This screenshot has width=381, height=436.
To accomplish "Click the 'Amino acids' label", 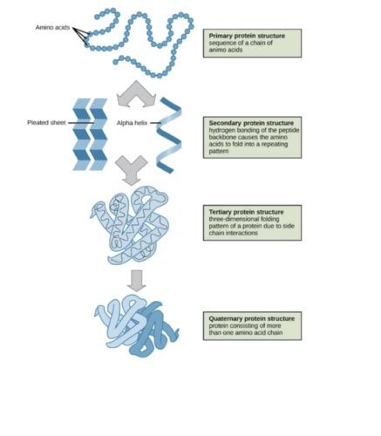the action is click(52, 28).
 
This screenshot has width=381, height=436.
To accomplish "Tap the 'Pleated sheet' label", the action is click(46, 123).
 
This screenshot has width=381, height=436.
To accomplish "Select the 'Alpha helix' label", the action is click(133, 123).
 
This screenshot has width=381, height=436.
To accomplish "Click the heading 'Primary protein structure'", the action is click(247, 36).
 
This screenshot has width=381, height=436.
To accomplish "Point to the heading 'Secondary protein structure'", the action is click(251, 123).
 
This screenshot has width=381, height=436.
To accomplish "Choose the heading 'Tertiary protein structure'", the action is click(246, 212).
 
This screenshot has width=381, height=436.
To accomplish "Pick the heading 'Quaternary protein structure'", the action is click(252, 318).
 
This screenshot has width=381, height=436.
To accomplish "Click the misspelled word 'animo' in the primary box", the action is click(217, 50).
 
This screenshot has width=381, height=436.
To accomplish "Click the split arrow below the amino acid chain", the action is click(136, 94).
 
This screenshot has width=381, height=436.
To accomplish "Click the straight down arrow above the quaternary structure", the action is click(137, 281).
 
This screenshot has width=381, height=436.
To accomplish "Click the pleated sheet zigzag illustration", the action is click(90, 134).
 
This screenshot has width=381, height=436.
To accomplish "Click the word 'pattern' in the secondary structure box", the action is click(219, 152).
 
